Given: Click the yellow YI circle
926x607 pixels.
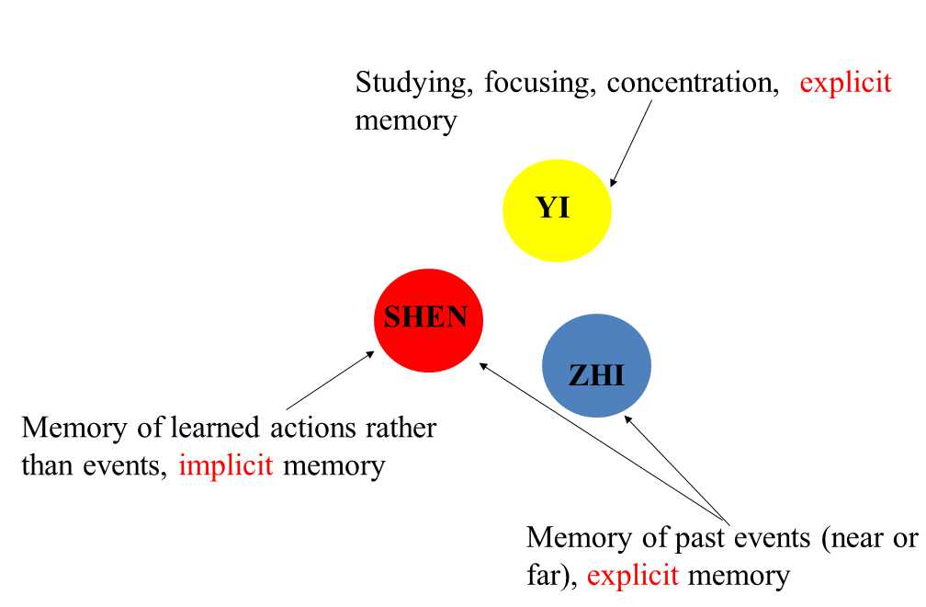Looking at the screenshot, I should tap(556, 210).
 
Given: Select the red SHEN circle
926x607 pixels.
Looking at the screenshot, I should tap(427, 319).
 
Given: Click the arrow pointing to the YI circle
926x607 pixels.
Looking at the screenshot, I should tap(632, 143).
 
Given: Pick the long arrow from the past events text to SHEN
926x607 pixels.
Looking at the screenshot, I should tap(602, 440).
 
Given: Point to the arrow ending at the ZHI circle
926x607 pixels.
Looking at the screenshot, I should tap(675, 466).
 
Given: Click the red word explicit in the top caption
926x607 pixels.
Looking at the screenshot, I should tap(845, 83).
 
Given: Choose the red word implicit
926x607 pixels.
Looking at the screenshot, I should tap(227, 465).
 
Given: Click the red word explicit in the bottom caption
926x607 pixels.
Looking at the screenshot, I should tap(633, 576).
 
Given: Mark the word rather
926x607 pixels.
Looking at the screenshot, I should tap(401, 428).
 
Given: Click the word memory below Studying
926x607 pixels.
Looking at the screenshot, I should tap(405, 121).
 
